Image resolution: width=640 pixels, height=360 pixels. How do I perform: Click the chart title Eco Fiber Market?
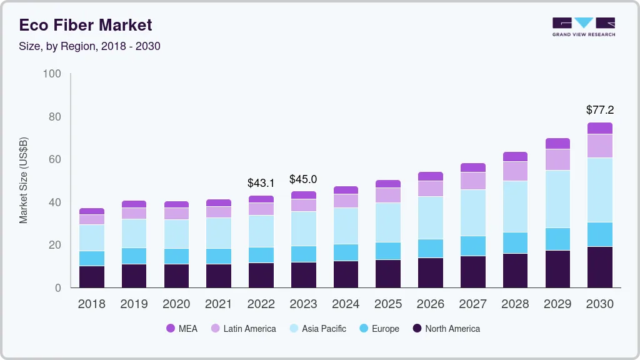click(86, 25)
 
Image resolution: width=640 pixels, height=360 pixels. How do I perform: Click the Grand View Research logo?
click(583, 27)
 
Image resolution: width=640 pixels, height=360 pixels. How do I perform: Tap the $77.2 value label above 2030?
click(600, 110)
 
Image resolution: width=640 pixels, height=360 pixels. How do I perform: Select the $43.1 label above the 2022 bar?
click(261, 184)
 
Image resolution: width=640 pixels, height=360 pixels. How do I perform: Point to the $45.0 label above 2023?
click(303, 179)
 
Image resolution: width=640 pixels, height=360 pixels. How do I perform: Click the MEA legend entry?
click(182, 328)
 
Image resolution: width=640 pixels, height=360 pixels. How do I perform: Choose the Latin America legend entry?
click(243, 328)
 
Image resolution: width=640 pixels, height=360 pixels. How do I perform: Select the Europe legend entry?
click(379, 328)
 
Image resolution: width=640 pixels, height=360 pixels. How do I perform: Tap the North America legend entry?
click(446, 328)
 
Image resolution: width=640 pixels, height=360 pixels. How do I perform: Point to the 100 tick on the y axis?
click(52, 74)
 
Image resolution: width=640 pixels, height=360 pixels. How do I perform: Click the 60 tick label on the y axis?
click(54, 159)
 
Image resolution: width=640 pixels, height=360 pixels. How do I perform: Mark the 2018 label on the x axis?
click(91, 304)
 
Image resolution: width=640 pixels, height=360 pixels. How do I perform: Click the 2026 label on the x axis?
click(431, 304)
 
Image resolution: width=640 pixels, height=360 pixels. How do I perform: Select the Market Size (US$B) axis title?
click(24, 180)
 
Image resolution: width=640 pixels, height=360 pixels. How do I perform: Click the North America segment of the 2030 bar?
click(600, 267)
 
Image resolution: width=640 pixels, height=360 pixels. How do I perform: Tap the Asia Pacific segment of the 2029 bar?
click(557, 199)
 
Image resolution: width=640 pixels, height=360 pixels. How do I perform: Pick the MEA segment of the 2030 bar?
click(600, 128)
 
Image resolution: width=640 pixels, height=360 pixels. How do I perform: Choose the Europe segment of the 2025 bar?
click(388, 251)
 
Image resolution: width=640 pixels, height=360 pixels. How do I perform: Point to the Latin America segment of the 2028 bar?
click(515, 171)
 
